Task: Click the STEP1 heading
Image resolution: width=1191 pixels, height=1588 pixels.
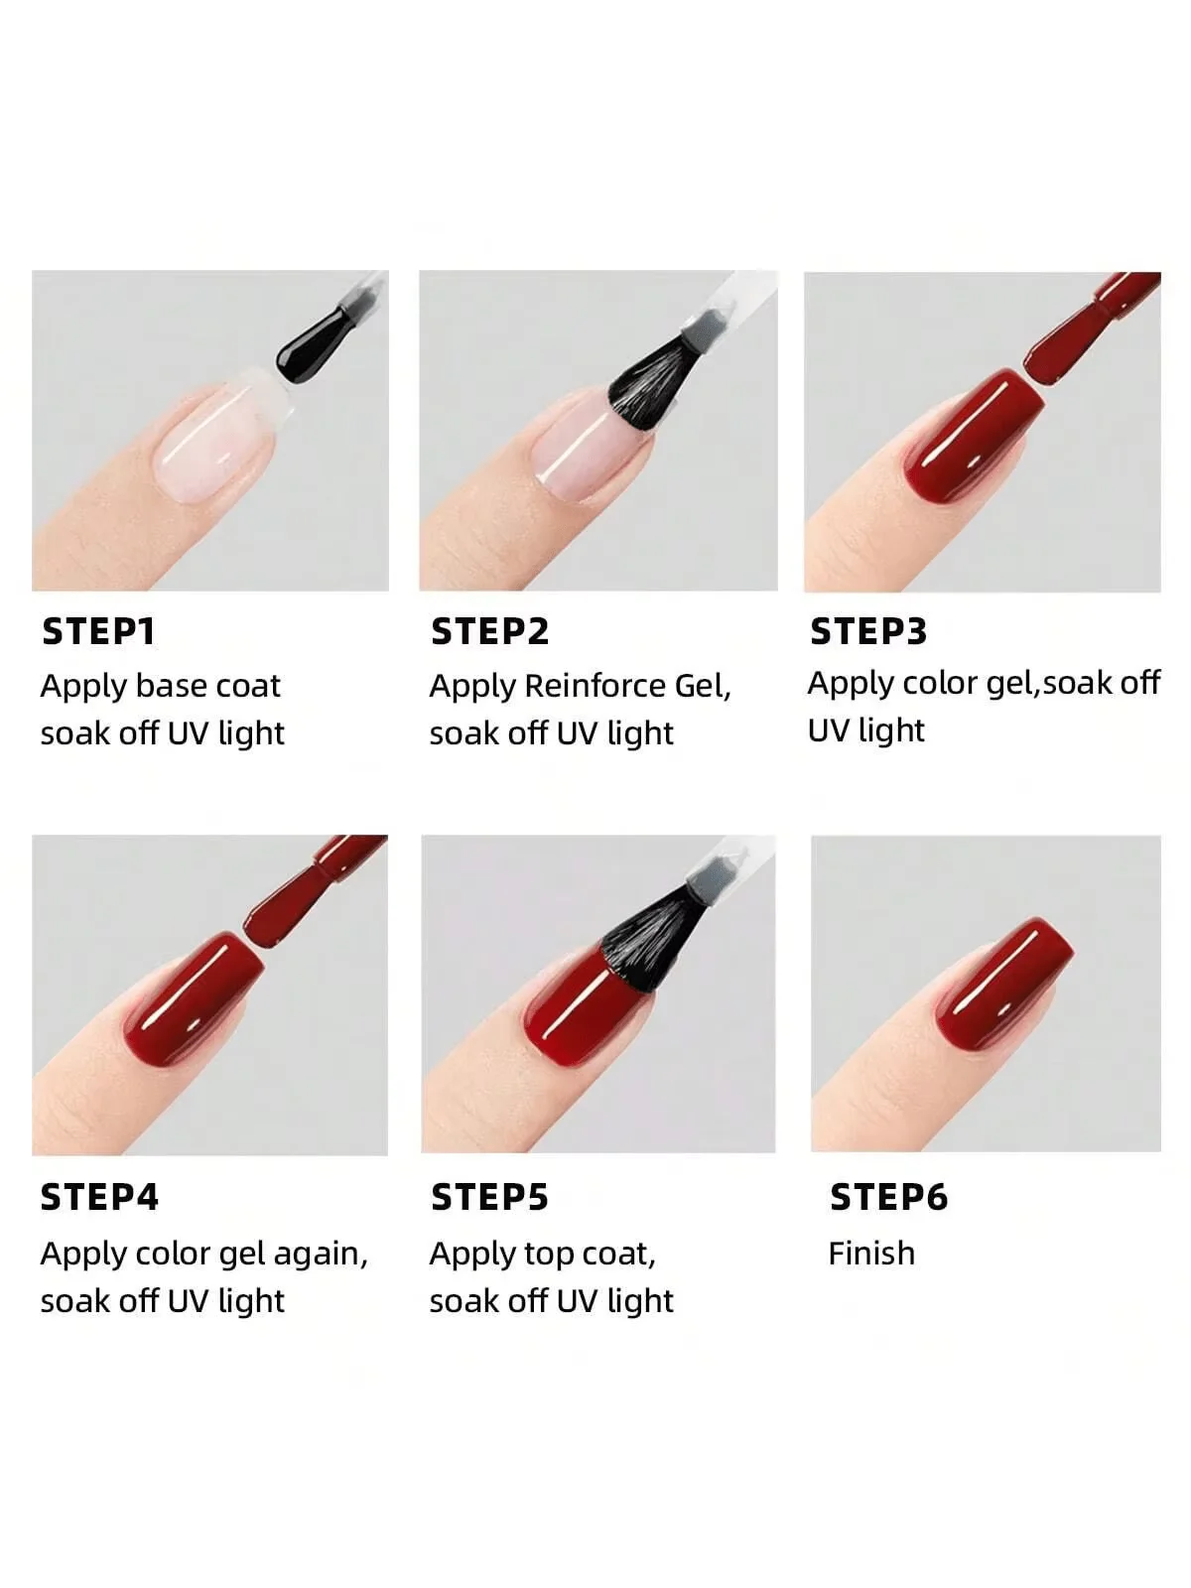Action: click(98, 631)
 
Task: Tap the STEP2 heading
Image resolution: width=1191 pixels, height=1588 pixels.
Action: click(489, 631)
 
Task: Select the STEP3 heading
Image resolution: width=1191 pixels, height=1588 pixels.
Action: click(868, 631)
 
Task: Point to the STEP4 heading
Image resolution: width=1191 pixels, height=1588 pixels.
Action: click(99, 1197)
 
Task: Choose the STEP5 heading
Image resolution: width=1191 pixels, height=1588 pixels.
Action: click(489, 1197)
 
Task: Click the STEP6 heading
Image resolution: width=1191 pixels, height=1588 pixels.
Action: click(888, 1197)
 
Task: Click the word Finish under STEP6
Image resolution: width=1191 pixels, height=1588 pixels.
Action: click(871, 1254)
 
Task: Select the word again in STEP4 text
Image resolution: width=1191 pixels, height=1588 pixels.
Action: click(320, 1254)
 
